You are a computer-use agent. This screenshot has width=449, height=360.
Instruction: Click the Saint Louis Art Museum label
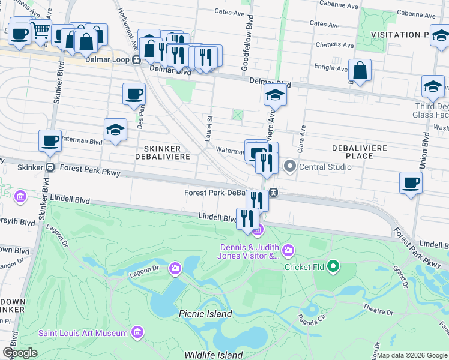pos(83,333)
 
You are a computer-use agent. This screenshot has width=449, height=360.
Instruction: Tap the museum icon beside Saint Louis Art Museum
pos(137,332)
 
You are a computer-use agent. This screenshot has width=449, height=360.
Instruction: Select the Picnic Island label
pos(205,314)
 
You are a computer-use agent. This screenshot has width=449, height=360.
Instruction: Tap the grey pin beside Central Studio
pos(290,167)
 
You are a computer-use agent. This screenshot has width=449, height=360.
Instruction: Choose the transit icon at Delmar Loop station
pos(137,59)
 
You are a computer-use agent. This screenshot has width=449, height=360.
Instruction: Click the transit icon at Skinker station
pos(52,167)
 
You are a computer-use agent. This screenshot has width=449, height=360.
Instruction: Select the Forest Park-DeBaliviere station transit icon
pos(273,193)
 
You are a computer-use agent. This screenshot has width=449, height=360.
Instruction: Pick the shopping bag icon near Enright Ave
pos(360,70)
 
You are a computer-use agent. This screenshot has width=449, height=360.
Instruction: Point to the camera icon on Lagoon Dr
pos(175,268)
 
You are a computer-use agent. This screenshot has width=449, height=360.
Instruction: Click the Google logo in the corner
pos(20,353)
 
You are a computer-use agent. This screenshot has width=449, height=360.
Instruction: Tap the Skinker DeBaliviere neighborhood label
pos(166,152)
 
